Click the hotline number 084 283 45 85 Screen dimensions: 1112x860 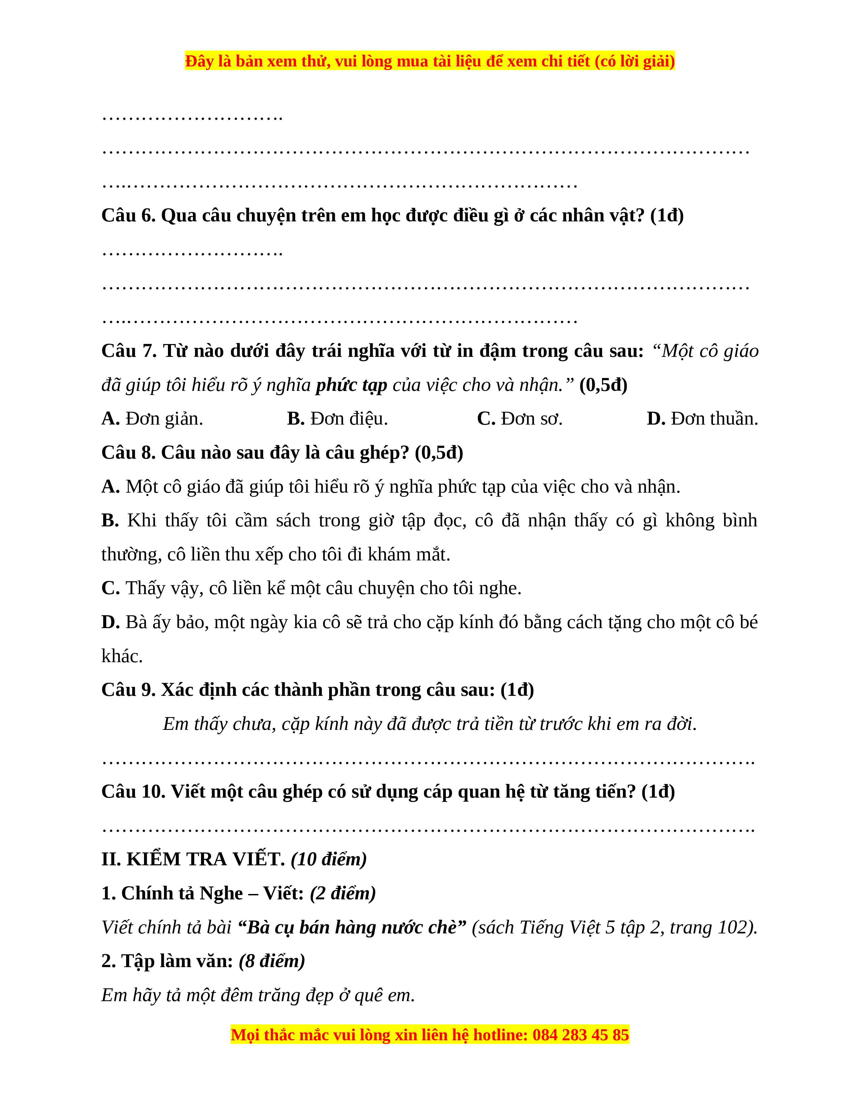(581, 1034)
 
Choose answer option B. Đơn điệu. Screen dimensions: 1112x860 (337, 419)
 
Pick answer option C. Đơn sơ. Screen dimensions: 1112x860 (520, 419)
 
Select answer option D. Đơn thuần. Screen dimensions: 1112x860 (702, 419)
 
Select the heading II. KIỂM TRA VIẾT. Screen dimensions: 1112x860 (193, 860)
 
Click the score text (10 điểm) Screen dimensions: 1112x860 (328, 860)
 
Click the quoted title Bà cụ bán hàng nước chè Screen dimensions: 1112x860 (351, 928)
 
